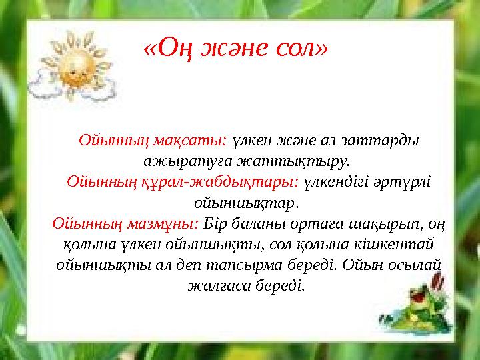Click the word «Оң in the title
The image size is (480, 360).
coord(169,48)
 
